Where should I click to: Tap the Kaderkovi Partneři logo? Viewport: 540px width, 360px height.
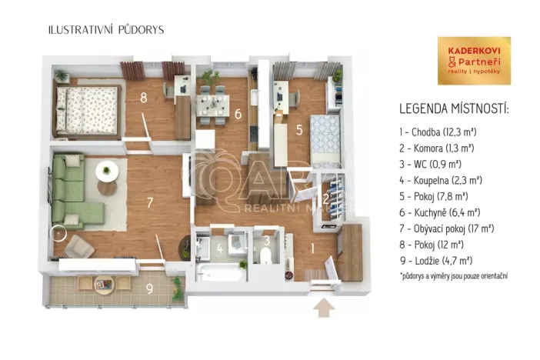[473, 61]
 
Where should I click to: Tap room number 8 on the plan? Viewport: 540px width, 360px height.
[143, 97]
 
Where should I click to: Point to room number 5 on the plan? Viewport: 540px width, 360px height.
[299, 130]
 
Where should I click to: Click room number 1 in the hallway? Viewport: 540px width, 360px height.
[312, 248]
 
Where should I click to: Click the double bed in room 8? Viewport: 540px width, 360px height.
[86, 108]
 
